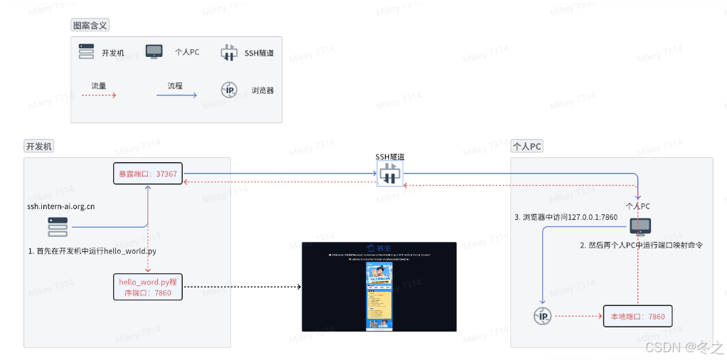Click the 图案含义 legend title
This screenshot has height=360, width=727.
pos(90,26)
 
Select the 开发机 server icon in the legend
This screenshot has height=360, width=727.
pos(86,51)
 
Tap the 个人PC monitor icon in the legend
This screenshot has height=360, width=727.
pos(154,51)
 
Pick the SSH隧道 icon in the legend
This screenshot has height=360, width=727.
pos(228,52)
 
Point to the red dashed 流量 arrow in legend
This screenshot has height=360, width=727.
pos(99,95)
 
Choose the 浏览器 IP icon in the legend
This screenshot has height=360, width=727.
pos(229,90)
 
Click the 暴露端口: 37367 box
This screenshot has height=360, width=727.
pos(147,174)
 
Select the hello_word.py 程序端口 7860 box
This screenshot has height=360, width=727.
pos(147,287)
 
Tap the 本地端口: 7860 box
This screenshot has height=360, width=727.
pos(637,317)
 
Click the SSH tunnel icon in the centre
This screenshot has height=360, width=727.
pos(390,174)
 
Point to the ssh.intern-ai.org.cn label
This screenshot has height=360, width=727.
pos(61,206)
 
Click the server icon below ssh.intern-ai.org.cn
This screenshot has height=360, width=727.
pos(58,227)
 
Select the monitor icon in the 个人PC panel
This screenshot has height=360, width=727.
pos(640,227)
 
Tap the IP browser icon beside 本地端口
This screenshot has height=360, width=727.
pos(543,317)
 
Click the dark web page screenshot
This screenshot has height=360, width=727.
pos(378,286)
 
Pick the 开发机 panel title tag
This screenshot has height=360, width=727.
pos(40,147)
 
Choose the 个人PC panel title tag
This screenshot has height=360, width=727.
pos(527,147)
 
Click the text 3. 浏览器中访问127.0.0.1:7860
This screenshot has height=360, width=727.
pos(566,217)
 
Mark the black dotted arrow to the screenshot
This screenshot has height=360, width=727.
pos(242,287)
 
